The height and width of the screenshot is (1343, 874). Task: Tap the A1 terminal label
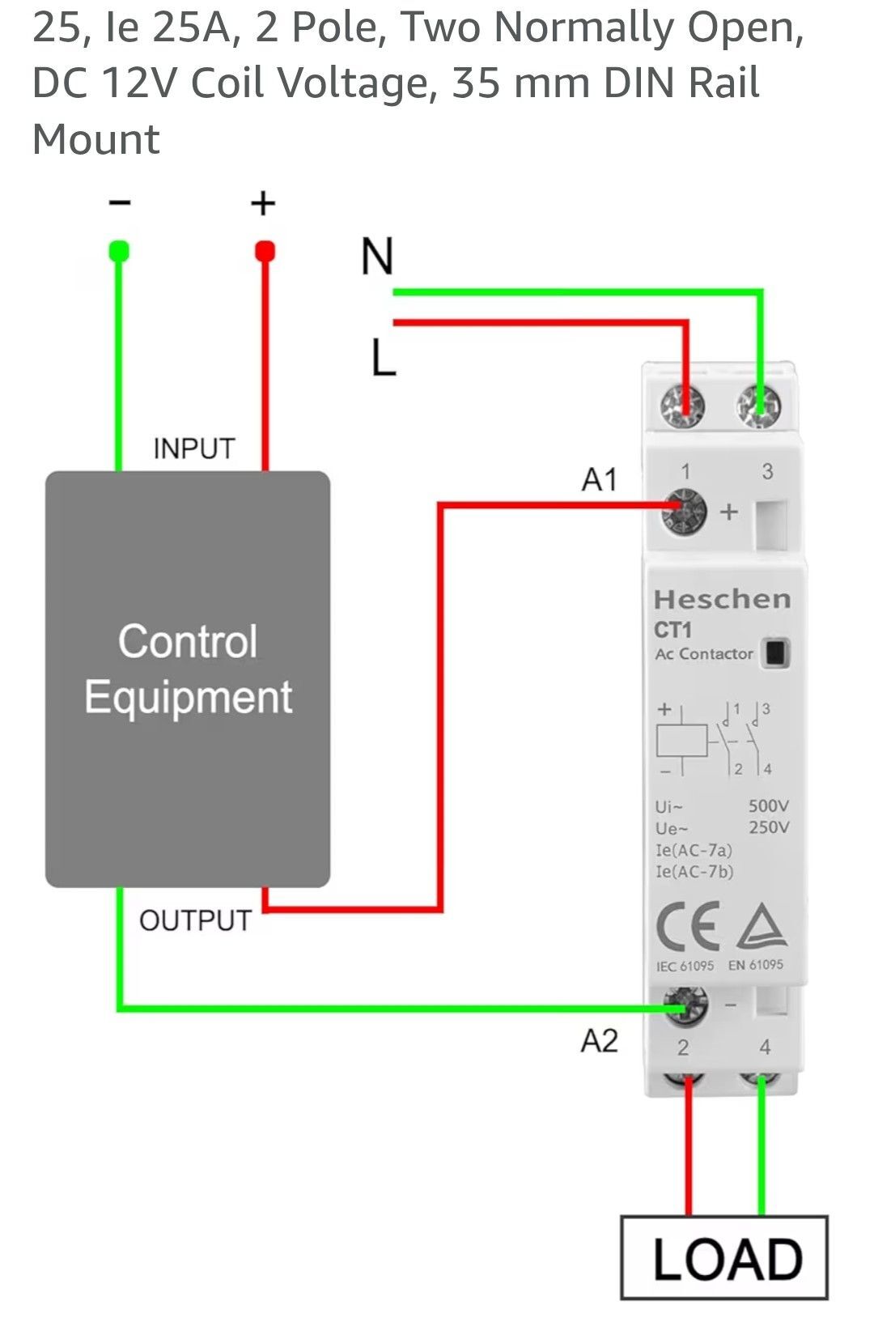click(599, 479)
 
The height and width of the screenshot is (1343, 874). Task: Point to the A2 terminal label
click(599, 1040)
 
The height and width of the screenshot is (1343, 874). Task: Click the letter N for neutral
click(377, 256)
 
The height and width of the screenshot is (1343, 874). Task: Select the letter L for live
click(384, 357)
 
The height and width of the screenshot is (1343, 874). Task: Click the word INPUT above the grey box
click(193, 448)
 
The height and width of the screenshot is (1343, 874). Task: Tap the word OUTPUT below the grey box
click(195, 920)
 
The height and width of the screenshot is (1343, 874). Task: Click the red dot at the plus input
click(265, 251)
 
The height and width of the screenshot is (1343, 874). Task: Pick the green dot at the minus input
click(119, 251)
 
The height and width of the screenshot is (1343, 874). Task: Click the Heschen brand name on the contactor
click(723, 599)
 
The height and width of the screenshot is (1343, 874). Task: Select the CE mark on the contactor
click(688, 926)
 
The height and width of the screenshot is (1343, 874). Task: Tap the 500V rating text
click(769, 805)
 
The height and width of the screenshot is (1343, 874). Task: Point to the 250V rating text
click(769, 827)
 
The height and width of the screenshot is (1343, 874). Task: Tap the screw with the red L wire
click(682, 406)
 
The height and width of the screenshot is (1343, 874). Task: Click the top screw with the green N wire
click(758, 406)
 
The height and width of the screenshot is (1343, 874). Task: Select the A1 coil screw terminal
click(684, 511)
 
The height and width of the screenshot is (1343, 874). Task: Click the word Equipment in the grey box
click(189, 697)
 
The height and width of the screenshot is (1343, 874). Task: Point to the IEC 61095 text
click(685, 967)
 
